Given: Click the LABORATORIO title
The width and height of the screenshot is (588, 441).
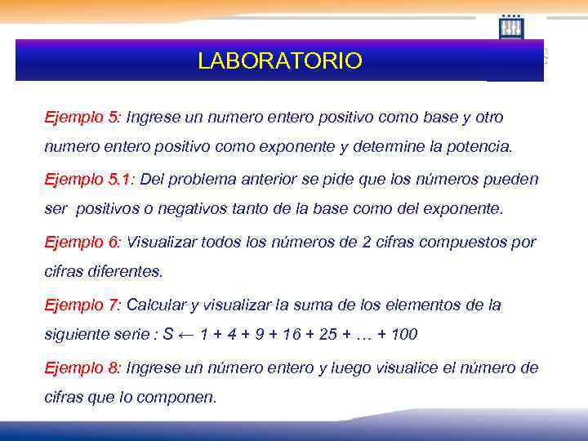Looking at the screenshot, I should pyautogui.click(x=279, y=61).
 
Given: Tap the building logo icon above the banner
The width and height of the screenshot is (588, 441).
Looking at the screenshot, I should pyautogui.click(x=511, y=27).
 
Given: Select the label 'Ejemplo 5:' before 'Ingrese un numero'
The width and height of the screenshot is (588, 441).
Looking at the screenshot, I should pyautogui.click(x=82, y=118).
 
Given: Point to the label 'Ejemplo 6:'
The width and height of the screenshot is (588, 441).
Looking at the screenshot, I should pyautogui.click(x=82, y=243).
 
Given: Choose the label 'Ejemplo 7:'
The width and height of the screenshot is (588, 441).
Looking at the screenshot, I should pyautogui.click(x=82, y=305).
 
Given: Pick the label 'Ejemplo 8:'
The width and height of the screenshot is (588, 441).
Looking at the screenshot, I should pyautogui.click(x=82, y=368).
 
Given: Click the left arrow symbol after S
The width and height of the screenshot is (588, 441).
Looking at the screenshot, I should pyautogui.click(x=187, y=334).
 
